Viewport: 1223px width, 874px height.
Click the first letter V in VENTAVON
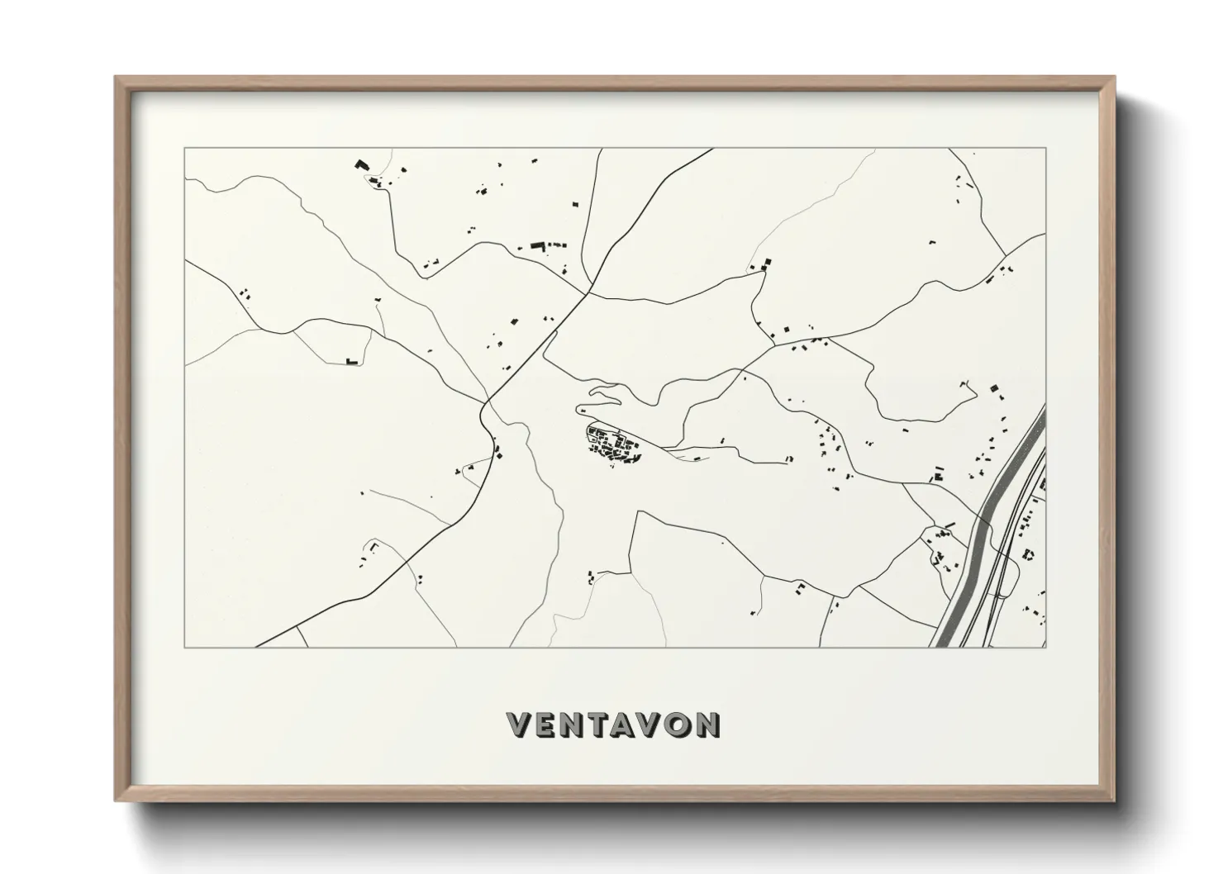coord(518,724)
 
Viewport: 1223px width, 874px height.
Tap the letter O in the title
coord(677,724)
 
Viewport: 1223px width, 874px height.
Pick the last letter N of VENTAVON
coord(707,724)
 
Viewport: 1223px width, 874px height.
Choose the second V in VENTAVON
coord(650,724)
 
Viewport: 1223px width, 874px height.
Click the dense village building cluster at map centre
coord(614,447)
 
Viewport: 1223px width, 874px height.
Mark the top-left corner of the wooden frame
coord(116,78)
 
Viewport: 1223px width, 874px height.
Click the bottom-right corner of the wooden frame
coord(1115,800)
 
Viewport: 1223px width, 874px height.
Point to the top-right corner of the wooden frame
coord(1115,78)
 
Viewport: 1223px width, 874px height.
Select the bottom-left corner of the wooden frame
coord(116,800)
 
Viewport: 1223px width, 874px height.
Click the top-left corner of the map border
coord(184,149)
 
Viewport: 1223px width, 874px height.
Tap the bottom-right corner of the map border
coord(1045,647)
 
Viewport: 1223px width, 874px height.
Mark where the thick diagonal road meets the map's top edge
coord(712,150)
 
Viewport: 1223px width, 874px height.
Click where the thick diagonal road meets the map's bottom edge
coord(256,646)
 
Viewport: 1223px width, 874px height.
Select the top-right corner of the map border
coord(1045,149)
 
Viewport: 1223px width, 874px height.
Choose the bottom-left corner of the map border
coord(184,647)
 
